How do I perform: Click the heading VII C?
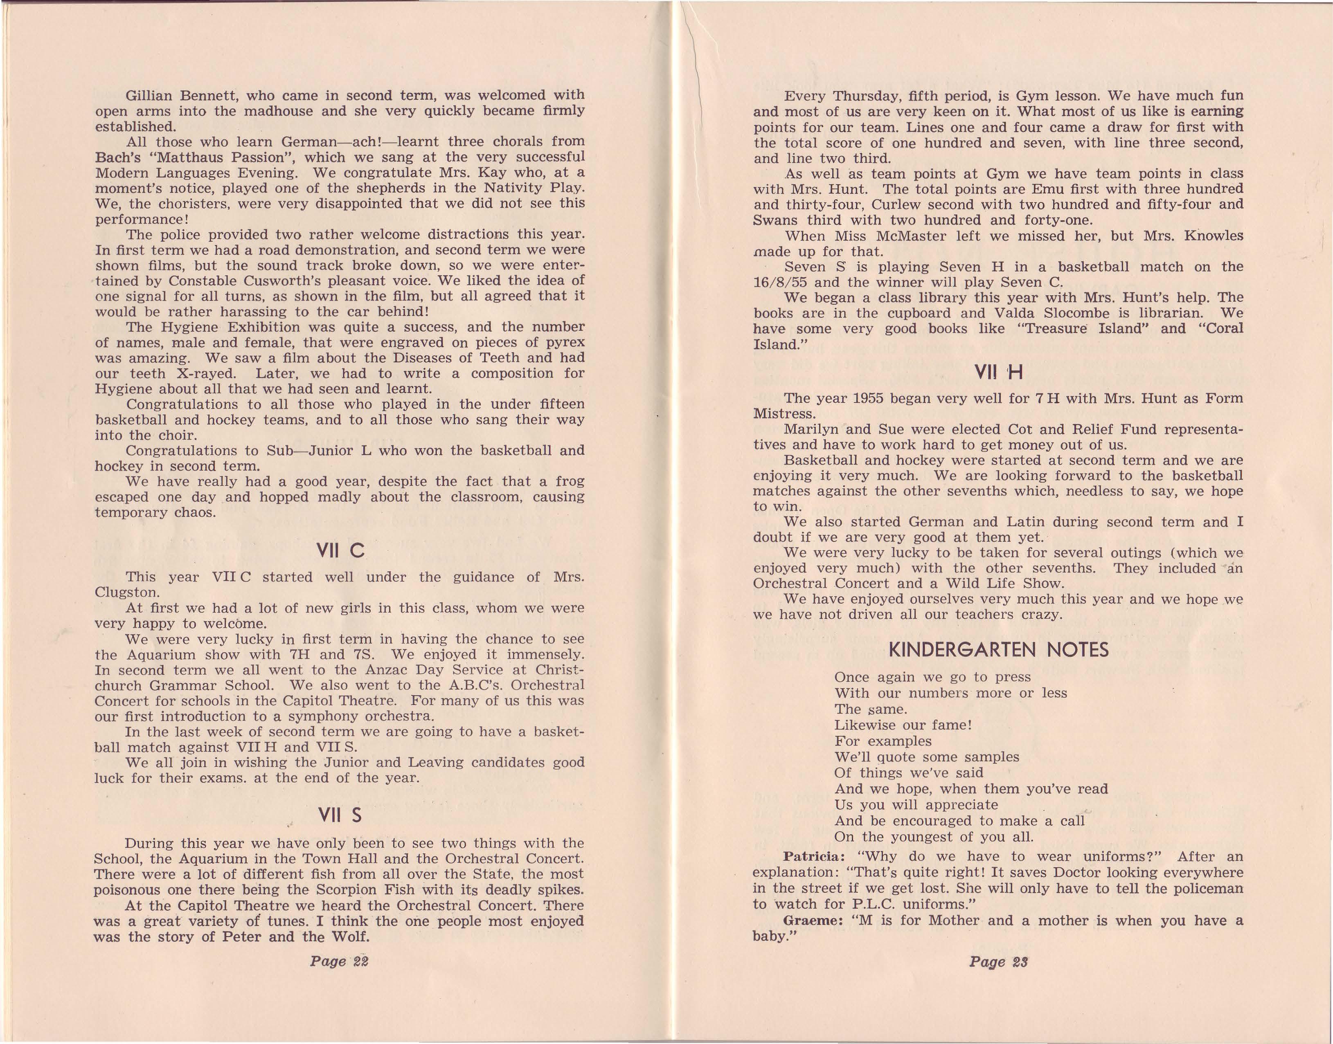[340, 551]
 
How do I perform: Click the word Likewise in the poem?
[867, 725]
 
